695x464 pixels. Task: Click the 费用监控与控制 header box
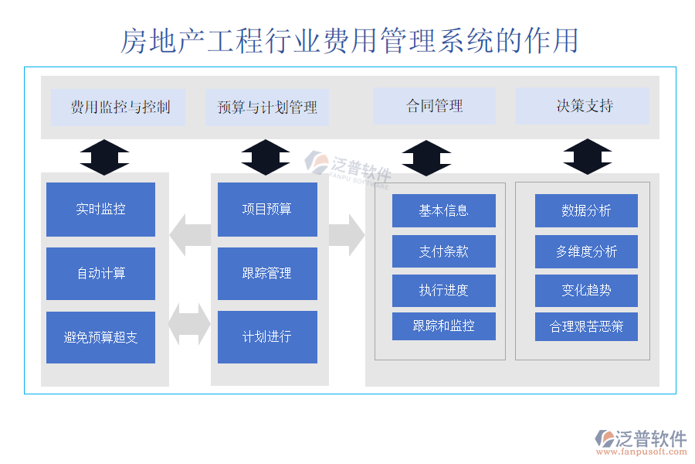(x=118, y=107)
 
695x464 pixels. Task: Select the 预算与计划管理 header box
(x=267, y=107)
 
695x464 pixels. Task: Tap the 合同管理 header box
(x=434, y=107)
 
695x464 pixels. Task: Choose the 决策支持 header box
(x=582, y=107)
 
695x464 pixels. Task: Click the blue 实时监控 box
(x=100, y=210)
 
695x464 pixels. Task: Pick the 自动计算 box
(x=100, y=274)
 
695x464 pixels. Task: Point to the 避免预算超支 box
(x=100, y=337)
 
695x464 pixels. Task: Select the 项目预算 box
(x=267, y=210)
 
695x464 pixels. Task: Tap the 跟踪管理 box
(x=267, y=274)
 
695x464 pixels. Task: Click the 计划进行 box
(x=267, y=337)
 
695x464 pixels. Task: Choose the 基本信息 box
(x=443, y=210)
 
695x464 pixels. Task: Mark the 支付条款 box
(x=443, y=251)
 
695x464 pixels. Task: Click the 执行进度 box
(x=443, y=291)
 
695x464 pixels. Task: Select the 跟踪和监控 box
(x=443, y=326)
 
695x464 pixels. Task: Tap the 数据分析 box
(x=586, y=210)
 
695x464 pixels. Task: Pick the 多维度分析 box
(x=586, y=251)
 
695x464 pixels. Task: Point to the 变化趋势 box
(x=586, y=291)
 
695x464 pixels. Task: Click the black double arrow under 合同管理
(x=426, y=158)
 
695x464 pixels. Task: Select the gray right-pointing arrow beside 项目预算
(x=347, y=235)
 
